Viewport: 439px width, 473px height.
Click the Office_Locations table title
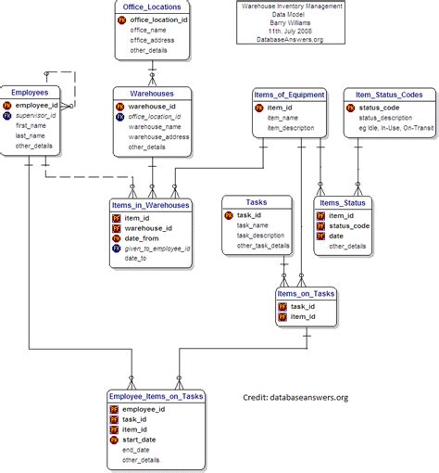coord(152,7)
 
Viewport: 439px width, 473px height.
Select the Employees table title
coord(30,93)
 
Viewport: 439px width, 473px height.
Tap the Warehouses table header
coord(152,93)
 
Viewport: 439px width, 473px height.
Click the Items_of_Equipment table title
coord(289,94)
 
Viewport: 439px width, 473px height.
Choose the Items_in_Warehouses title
coord(150,205)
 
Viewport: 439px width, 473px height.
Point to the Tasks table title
coord(256,201)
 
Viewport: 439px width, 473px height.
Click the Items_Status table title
coord(342,202)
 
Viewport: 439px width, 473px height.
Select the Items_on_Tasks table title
coord(306,293)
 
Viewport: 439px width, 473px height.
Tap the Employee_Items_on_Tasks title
coord(155,396)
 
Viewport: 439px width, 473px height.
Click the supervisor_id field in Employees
coord(36,116)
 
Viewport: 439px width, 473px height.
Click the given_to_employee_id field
coord(157,249)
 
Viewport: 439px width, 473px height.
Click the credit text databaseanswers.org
coord(295,398)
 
